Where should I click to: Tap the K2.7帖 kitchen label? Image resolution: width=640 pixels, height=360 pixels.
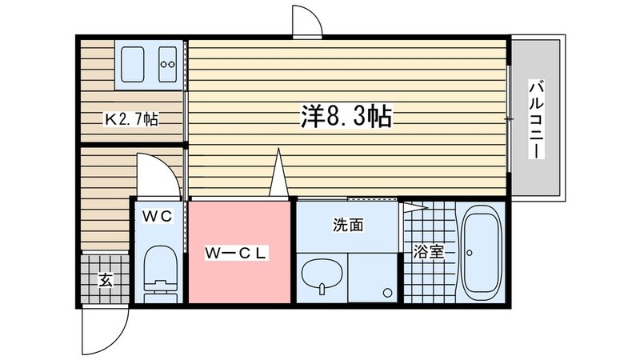click(133, 120)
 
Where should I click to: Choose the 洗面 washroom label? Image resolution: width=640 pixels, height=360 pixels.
click(348, 226)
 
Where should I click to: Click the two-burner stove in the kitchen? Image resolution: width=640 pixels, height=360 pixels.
click(168, 63)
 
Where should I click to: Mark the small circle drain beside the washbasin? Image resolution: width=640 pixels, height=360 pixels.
click(387, 292)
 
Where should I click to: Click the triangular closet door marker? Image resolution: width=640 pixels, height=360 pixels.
click(278, 174)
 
